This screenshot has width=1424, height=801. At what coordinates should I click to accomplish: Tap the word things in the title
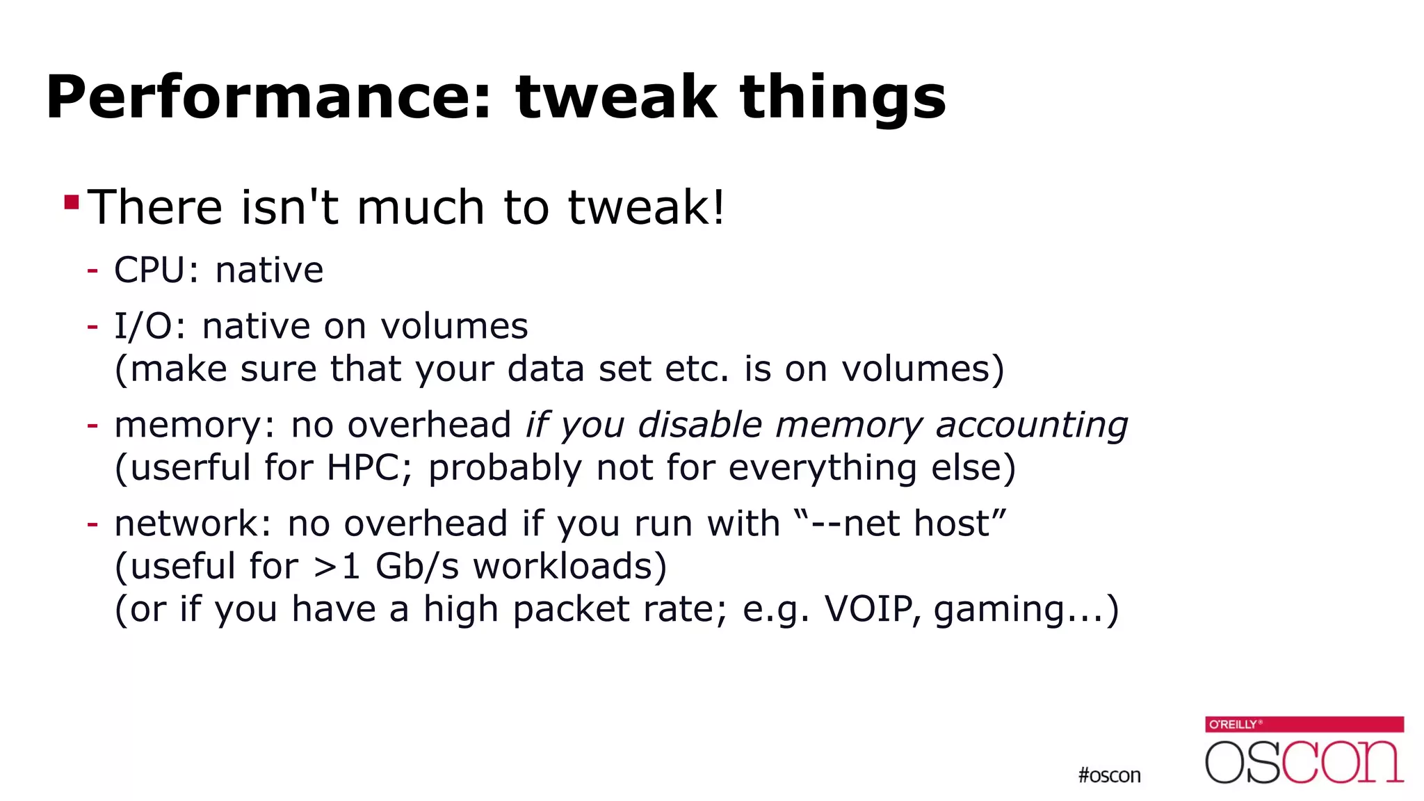click(x=842, y=99)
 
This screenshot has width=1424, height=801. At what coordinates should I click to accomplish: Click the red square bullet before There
click(x=71, y=202)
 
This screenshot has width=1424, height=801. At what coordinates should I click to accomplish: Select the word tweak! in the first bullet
click(x=647, y=207)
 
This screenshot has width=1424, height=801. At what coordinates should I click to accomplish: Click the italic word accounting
click(x=1031, y=426)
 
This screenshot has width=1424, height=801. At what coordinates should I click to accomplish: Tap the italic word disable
click(x=700, y=425)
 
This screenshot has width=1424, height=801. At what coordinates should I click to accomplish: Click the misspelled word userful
click(x=190, y=467)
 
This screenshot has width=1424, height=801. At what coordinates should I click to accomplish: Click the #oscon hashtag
click(x=1109, y=775)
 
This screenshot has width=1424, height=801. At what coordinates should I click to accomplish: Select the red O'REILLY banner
click(x=1304, y=725)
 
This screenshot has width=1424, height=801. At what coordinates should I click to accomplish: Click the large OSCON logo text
click(x=1304, y=763)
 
